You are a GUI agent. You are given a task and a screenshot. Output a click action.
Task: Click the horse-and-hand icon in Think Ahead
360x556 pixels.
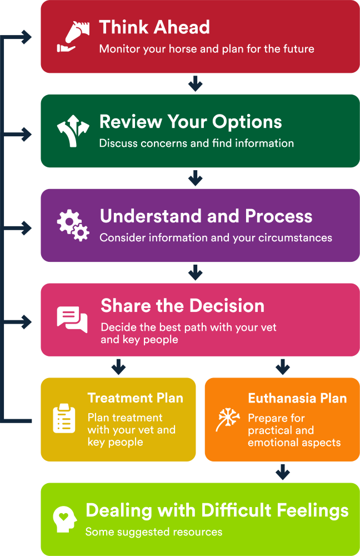pos(73,37)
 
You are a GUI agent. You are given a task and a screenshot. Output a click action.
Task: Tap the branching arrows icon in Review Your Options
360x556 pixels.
pos(73,131)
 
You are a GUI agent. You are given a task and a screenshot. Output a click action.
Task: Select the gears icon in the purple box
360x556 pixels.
pos(73,225)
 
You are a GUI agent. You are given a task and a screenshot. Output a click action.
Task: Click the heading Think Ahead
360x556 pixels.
pos(154,27)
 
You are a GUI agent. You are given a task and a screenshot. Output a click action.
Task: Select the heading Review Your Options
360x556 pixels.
pos(191,122)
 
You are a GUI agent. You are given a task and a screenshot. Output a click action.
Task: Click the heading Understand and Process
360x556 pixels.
pos(206,216)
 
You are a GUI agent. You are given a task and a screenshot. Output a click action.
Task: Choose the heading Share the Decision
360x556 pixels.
pos(182,306)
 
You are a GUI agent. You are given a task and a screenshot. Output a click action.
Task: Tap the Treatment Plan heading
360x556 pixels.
pos(135,398)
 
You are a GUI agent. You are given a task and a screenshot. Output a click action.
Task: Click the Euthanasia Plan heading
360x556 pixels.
pos(297,398)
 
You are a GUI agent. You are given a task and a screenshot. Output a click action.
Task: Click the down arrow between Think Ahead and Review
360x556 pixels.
pos(194,85)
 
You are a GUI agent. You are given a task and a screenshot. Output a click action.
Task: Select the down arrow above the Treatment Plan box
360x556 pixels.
pos(118,367)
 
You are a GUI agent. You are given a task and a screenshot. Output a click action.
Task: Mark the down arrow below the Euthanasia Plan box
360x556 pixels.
pos(283,473)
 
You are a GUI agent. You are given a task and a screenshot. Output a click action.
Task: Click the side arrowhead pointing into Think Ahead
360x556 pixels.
pos(27,38)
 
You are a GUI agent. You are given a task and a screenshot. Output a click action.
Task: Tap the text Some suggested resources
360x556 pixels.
pos(154,532)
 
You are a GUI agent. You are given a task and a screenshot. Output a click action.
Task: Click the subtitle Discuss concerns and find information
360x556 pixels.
pos(197,143)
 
